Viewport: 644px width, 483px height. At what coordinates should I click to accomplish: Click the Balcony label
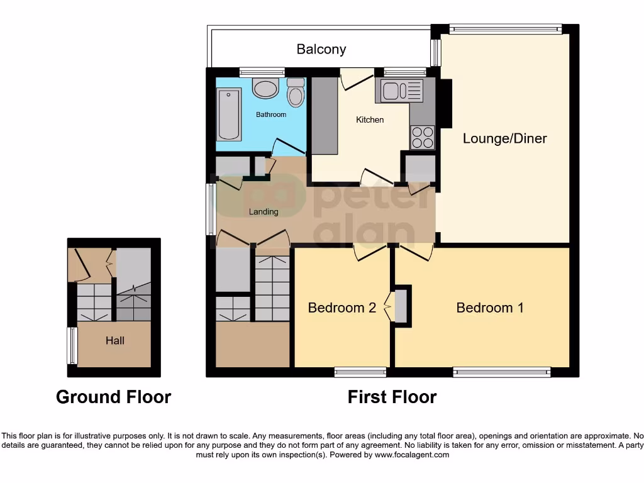click(x=321, y=49)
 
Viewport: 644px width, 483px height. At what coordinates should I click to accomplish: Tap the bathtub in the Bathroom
click(x=229, y=114)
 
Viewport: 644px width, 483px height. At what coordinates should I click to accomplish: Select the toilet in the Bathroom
click(x=295, y=94)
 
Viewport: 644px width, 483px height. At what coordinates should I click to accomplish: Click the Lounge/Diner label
click(x=504, y=138)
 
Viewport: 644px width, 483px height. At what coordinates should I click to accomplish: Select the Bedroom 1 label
click(x=489, y=308)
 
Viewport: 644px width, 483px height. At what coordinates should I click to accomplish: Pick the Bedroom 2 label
click(x=341, y=308)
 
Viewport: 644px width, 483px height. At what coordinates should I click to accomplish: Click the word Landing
click(x=264, y=212)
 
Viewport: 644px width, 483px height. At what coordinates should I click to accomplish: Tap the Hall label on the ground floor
click(x=114, y=341)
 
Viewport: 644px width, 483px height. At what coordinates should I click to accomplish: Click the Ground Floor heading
click(x=113, y=397)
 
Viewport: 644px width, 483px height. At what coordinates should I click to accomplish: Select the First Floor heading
click(x=392, y=397)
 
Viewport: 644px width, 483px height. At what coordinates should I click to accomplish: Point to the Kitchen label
click(x=370, y=119)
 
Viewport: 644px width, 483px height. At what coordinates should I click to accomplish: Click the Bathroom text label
click(x=270, y=114)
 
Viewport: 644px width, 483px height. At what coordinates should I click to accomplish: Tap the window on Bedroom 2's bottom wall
click(x=360, y=372)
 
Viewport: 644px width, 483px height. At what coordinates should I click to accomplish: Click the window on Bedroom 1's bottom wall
click(x=502, y=372)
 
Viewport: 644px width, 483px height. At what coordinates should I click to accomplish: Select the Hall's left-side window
click(x=72, y=345)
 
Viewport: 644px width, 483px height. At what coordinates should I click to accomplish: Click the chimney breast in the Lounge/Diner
click(x=446, y=104)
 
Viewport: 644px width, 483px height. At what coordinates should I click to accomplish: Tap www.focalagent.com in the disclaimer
click(x=413, y=455)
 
